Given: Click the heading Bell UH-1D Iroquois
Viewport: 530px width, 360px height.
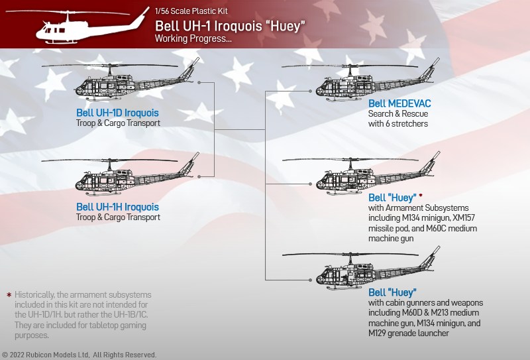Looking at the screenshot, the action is (x=117, y=113).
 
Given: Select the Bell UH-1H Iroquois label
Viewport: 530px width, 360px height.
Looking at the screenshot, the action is (x=117, y=207).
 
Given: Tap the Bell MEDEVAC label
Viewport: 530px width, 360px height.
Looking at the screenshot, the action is (x=399, y=103).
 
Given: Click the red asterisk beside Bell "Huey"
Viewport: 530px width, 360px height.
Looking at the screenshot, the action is (x=421, y=195).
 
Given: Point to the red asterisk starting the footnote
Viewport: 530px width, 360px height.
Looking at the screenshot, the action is (x=9, y=295).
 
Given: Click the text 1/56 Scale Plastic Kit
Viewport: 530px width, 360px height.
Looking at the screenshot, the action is (x=191, y=11).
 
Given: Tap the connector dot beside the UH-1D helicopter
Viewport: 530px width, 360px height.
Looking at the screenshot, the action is (x=199, y=83).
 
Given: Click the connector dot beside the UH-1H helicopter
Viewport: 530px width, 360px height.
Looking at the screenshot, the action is (x=199, y=176).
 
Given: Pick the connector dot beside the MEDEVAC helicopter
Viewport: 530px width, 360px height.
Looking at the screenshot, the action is (x=310, y=91).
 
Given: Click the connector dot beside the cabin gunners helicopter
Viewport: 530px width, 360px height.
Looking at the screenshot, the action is (x=310, y=280).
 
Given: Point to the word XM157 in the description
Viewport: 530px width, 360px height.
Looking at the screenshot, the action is (x=463, y=217).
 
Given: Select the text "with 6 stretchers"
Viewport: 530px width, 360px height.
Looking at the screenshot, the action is (x=398, y=123).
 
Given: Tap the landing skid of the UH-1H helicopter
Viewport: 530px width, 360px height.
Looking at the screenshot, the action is (x=103, y=194).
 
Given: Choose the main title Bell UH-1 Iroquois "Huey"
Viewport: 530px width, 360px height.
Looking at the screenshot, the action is (x=230, y=26).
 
